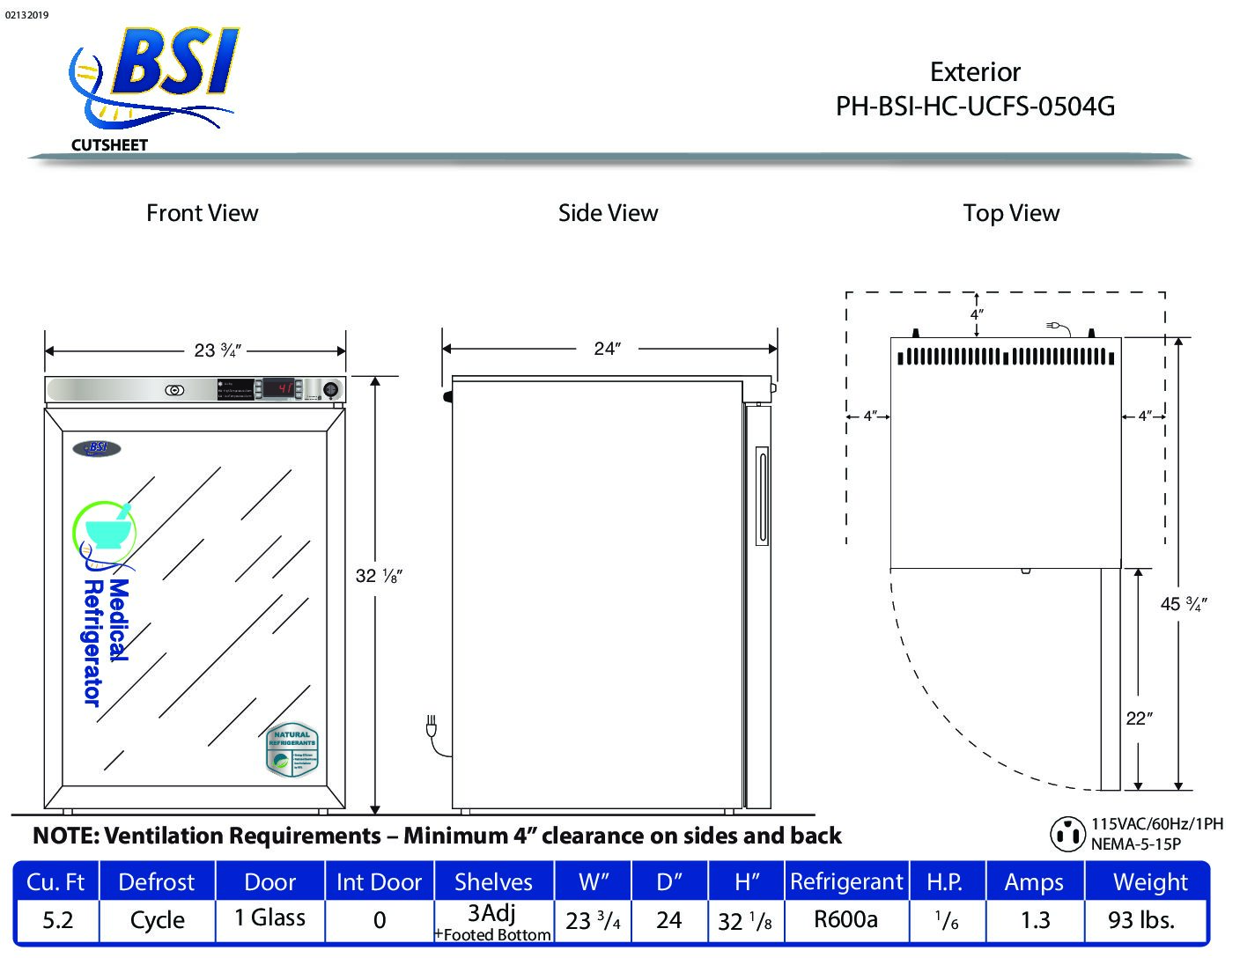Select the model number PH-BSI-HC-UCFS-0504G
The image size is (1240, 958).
pos(975,107)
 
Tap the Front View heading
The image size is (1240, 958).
pos(202,213)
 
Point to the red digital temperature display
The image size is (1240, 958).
pos(280,388)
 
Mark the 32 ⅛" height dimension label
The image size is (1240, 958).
pos(379,576)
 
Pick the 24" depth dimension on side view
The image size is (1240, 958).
pos(607,349)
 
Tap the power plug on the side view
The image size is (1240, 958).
pos(432,728)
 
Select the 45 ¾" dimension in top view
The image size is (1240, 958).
pos(1183,604)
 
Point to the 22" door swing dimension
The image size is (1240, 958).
pos(1139,718)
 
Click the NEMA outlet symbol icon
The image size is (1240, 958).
pos(1067,833)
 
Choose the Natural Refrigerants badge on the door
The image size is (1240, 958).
pos(292,751)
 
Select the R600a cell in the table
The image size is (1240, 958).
pos(845,920)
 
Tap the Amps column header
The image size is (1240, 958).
pos(1034,882)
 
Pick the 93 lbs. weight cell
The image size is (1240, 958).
pos(1141,920)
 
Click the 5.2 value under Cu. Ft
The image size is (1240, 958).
pos(58,920)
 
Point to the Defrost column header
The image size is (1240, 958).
pos(157,882)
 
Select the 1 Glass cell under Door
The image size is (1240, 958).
pos(269,918)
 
